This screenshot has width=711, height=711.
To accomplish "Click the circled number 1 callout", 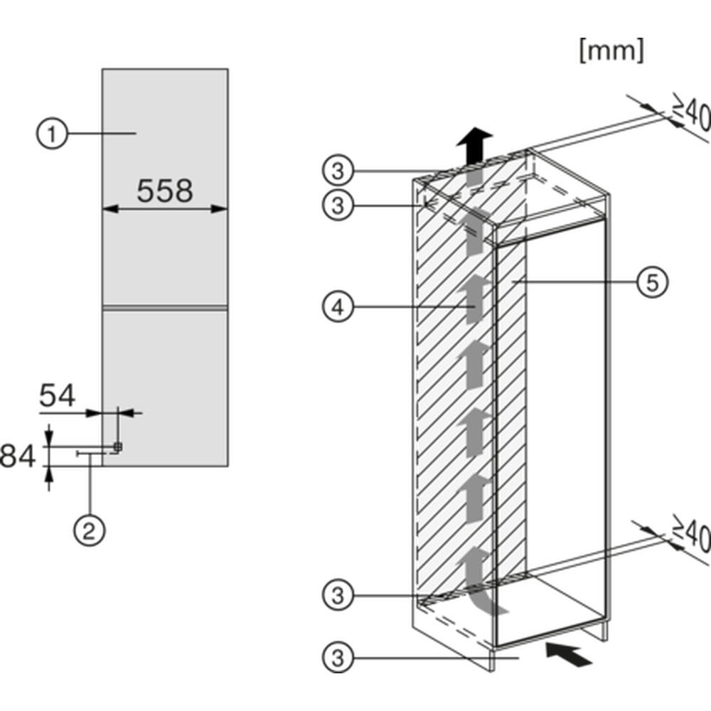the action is [x=52, y=134].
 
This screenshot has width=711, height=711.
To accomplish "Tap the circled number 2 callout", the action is [x=90, y=530].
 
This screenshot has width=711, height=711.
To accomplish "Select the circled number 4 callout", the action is [x=338, y=307].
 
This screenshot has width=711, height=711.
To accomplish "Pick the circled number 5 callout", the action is [x=652, y=282].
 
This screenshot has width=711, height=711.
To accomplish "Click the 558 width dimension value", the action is [x=165, y=191].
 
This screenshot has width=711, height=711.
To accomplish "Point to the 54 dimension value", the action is [x=57, y=395].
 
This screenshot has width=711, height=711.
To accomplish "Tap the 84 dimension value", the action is [x=17, y=456].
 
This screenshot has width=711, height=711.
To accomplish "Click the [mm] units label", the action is [x=611, y=50].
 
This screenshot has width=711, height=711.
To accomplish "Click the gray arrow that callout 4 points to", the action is [x=474, y=300].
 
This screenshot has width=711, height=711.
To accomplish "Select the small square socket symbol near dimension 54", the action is [x=118, y=447].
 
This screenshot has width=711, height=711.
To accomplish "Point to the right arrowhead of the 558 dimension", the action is [x=220, y=208].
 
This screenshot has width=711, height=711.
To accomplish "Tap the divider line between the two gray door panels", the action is [x=165, y=308].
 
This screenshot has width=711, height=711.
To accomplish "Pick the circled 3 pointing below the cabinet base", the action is [x=338, y=657].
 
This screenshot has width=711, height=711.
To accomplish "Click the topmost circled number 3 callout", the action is [x=338, y=171].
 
